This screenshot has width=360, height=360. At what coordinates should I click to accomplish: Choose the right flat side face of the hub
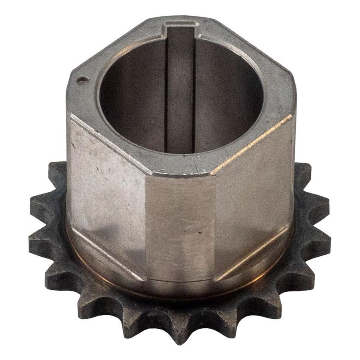tap(254, 191)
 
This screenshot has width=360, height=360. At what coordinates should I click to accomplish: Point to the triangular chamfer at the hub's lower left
tap(91, 254)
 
